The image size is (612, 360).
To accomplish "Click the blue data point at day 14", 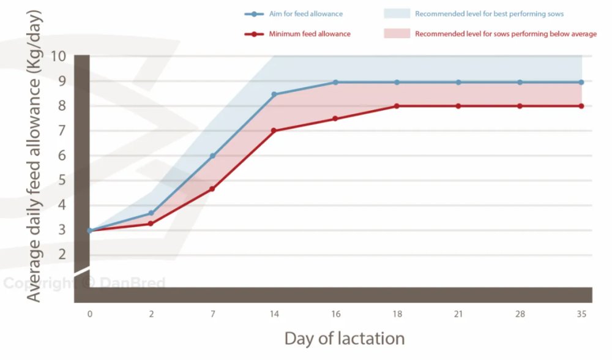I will coord(274,94).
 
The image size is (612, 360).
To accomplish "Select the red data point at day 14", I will coord(274,130).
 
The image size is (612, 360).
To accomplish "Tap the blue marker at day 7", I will coord(212,156).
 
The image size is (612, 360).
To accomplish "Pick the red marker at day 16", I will coord(335,119).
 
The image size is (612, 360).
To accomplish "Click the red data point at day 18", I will coord(397,106).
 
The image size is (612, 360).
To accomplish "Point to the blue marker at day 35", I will coord(581,82).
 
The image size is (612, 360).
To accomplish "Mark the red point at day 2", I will coord(151,223).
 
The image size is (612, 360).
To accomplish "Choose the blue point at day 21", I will coord(458,82).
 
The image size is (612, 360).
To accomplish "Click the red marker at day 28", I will coord(520,106).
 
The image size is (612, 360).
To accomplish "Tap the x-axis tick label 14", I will coord(274,314).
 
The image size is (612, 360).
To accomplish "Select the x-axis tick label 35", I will coord(581,314).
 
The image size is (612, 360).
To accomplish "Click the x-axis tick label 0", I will coord(90,314).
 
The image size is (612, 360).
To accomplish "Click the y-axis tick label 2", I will coord(62,255).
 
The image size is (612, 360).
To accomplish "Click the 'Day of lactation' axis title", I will coord(345,339).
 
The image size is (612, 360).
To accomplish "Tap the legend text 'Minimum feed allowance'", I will coord(310,34).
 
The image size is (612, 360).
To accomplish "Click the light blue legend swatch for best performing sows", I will coord(397,13).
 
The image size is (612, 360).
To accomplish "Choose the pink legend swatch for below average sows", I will coord(397,34).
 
